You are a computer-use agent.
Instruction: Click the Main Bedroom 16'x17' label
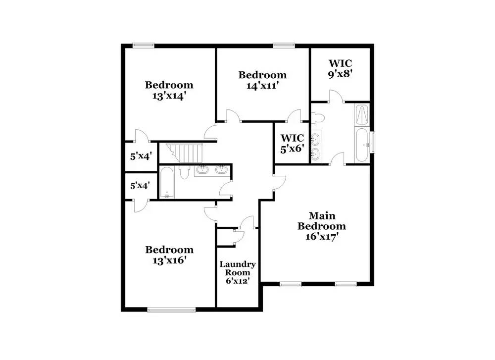(322, 226)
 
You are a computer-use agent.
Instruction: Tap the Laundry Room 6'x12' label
(238, 272)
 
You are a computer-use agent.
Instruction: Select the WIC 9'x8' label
(340, 68)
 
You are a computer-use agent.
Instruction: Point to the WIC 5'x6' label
(293, 143)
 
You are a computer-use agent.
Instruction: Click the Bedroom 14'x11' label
(262, 80)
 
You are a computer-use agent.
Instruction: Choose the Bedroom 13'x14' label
(169, 90)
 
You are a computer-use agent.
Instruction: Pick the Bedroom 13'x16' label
(169, 255)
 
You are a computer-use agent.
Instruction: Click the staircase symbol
(184, 153)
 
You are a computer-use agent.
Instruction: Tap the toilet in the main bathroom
(318, 118)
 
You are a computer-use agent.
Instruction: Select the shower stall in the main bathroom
(362, 114)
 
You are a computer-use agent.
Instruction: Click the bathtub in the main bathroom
(362, 145)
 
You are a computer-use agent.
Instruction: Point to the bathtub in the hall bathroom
(167, 182)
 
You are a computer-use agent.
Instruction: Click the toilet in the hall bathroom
(184, 172)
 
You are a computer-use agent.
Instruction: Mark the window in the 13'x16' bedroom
(171, 310)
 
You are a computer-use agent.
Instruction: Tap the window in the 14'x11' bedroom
(284, 46)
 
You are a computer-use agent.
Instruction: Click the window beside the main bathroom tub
(373, 143)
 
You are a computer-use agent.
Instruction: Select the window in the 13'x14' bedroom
(144, 46)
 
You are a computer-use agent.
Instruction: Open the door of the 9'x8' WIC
(337, 97)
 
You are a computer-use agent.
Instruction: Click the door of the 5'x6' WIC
(295, 116)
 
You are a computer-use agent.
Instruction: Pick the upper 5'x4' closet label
(141, 156)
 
